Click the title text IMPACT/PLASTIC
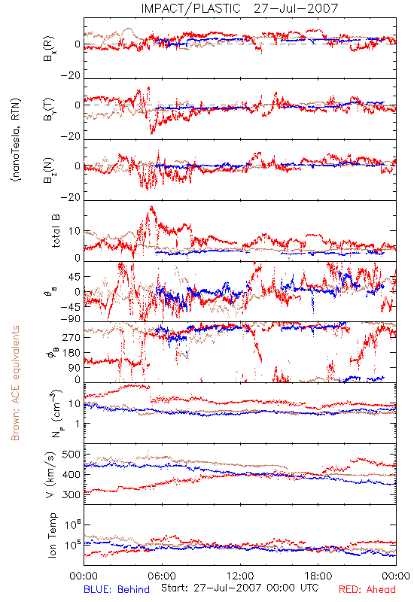click(190, 8)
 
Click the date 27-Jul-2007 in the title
click(296, 8)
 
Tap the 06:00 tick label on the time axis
click(162, 576)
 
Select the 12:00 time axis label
click(240, 576)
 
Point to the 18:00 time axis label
click(318, 576)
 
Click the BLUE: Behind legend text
click(117, 589)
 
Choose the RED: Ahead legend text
click(367, 589)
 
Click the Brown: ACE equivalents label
click(15, 383)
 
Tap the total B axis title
click(55, 231)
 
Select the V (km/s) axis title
click(50, 475)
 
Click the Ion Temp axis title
click(52, 535)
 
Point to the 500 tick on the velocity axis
click(71, 455)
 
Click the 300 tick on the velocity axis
click(71, 494)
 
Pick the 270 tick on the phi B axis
click(72, 337)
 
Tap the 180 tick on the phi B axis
click(72, 353)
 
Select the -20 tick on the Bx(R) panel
click(71, 75)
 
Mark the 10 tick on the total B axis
click(75, 231)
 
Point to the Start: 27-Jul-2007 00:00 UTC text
click(240, 588)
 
